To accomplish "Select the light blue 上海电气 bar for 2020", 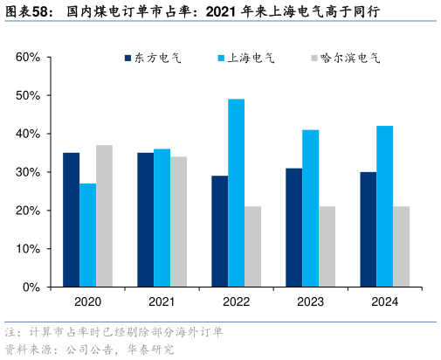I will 87,235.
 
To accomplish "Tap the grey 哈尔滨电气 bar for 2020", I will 104,216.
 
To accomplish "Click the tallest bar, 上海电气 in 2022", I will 236,193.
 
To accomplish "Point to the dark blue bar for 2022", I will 219,232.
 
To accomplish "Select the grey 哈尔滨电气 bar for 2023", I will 327,246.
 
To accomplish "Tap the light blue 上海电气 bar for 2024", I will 384,206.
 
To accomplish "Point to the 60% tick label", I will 28,57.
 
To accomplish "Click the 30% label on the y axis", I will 28,172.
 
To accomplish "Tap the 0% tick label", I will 31,287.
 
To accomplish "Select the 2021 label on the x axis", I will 162,302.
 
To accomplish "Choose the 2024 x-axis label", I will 384,302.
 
